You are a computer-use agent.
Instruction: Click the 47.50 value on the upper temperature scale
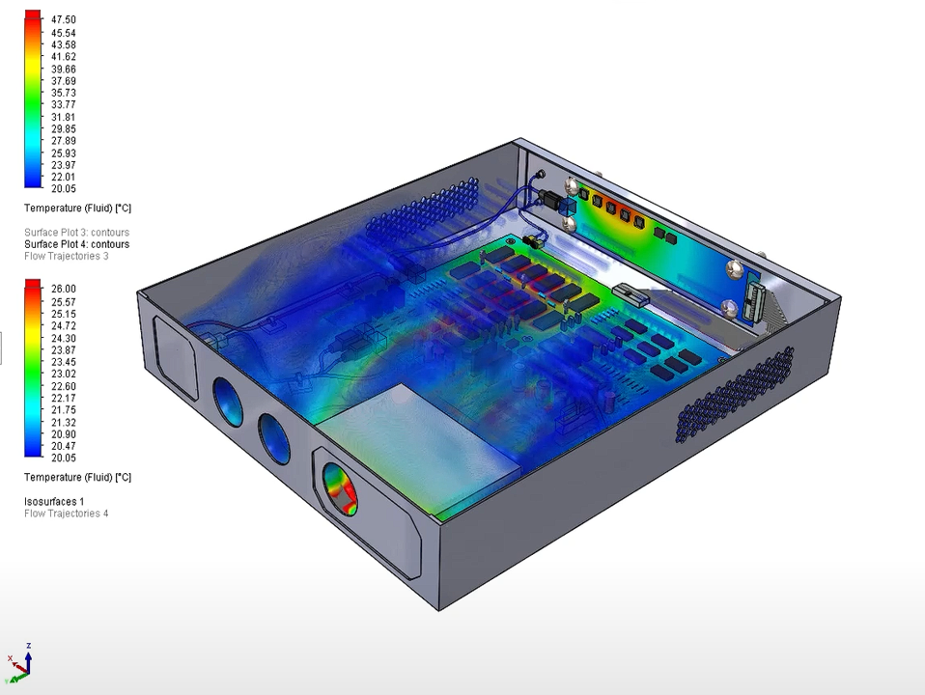coord(63,19)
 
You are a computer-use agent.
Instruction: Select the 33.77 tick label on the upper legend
coord(63,104)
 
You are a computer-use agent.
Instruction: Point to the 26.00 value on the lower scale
coord(63,289)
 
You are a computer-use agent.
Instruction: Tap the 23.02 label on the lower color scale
coord(63,374)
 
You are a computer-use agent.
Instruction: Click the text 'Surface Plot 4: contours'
coord(76,244)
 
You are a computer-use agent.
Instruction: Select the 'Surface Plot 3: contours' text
coord(76,233)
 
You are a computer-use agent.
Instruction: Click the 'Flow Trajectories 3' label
coord(66,256)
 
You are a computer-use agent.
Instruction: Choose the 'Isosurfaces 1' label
coord(54,502)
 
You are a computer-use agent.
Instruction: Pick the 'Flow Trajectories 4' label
coord(66,514)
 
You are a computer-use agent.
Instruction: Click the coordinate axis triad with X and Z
coord(19,664)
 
